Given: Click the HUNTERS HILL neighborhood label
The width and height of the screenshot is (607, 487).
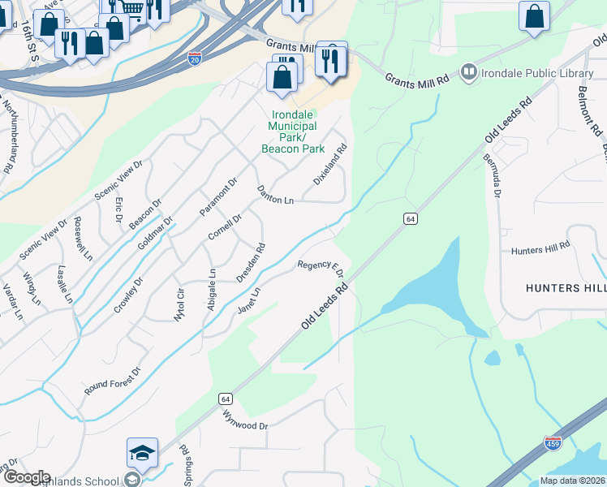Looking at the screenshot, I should click(x=566, y=288).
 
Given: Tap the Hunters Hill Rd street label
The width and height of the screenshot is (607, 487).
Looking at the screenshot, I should click(x=541, y=249).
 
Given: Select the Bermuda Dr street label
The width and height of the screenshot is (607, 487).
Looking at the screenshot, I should click(x=493, y=175).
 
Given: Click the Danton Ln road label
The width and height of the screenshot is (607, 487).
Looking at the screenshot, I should click(x=275, y=196).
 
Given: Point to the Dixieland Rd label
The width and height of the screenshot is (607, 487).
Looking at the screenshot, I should click(x=330, y=164).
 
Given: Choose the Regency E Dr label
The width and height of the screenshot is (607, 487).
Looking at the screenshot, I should click(x=321, y=267).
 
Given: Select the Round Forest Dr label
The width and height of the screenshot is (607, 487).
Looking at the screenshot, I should click(x=112, y=381).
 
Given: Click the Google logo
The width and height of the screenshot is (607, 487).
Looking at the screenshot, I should click(x=26, y=477).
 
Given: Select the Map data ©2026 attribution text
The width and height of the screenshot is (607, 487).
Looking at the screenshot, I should click(x=572, y=481).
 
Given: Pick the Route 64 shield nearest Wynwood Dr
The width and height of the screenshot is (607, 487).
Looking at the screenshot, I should click(x=225, y=399).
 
